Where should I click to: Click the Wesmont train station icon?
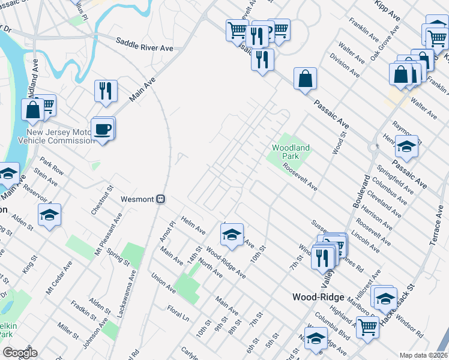pos(160,199)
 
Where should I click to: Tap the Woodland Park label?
pos(291,152)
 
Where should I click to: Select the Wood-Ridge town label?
pos(318,297)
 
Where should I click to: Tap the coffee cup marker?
pos(101,130)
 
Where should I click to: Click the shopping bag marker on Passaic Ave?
pos(305,79)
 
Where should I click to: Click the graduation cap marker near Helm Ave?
pos(232,235)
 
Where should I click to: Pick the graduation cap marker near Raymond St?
pos(406,148)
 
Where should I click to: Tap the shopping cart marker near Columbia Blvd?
pos(367,328)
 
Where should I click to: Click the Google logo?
pos(19,353)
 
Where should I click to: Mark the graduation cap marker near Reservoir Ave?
pos(49,215)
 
